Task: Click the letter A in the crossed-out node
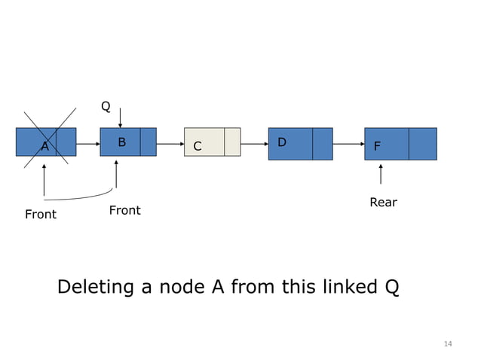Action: click(x=44, y=147)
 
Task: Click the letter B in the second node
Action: click(x=121, y=142)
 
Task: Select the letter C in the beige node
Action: click(x=197, y=147)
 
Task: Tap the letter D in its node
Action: click(x=281, y=142)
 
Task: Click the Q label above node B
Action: click(x=106, y=107)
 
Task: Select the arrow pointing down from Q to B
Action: click(x=120, y=117)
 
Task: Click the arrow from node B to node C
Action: click(x=170, y=142)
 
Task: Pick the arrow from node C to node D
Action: click(x=255, y=142)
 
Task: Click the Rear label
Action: click(x=382, y=203)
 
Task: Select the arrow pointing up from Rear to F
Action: click(x=380, y=174)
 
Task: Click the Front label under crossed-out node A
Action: click(x=41, y=215)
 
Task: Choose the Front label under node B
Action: click(x=124, y=210)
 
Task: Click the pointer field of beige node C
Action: click(x=232, y=142)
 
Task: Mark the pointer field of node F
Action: click(x=422, y=144)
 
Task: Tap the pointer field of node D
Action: click(x=322, y=144)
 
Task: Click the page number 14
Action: click(x=448, y=344)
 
